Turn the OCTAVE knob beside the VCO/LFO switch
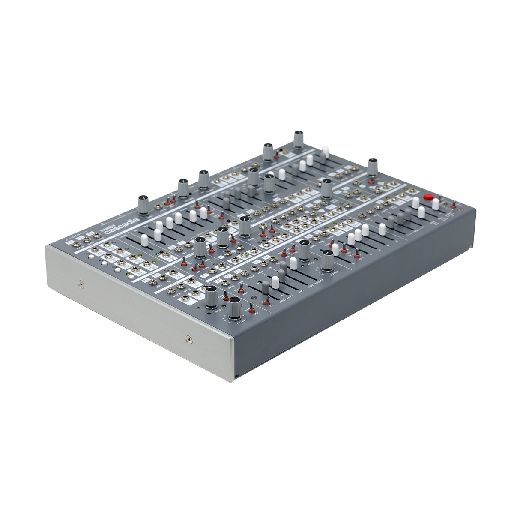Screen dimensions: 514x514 coord(234,309)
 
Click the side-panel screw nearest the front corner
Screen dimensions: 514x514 coord(189,340)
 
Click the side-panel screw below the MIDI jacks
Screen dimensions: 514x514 coord(81,283)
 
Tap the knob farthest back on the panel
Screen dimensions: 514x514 coord(299,138)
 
